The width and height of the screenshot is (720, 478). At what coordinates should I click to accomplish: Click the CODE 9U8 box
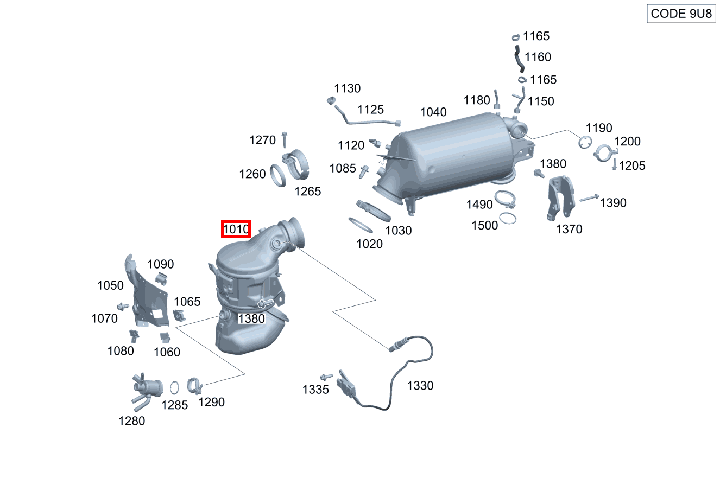(x=681, y=14)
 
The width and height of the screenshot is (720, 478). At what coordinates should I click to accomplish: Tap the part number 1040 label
(x=433, y=112)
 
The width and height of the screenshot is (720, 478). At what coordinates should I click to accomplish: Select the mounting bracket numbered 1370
(x=559, y=197)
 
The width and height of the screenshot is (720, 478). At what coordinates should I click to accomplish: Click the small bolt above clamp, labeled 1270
(x=285, y=139)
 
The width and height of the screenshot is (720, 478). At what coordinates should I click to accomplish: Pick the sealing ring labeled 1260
(x=279, y=175)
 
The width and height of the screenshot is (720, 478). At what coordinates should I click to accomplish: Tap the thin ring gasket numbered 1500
(x=507, y=218)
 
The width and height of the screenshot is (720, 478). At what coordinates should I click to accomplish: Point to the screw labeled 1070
(x=122, y=307)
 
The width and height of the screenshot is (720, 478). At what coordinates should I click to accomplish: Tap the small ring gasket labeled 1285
(x=175, y=388)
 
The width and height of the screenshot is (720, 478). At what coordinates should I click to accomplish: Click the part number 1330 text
(x=420, y=386)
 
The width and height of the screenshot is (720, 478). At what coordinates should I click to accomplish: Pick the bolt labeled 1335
(x=326, y=377)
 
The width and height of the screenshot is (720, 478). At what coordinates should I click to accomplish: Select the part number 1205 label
(x=632, y=166)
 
